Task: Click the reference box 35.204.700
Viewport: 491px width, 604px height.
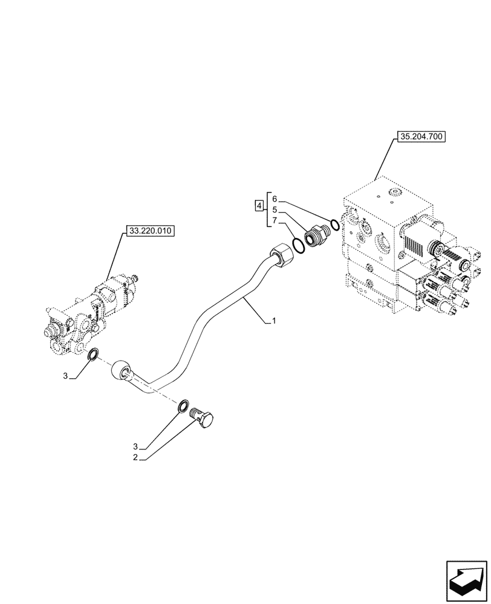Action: (421, 137)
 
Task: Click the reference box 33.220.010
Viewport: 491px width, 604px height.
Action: (149, 230)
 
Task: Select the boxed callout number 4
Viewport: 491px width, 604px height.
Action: (259, 207)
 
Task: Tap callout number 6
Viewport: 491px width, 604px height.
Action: (274, 199)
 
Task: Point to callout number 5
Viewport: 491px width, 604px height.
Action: (274, 209)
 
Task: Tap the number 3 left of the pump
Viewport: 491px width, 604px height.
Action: (65, 376)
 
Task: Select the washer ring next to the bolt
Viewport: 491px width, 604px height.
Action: (183, 408)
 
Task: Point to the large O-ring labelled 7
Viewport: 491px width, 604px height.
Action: (298, 245)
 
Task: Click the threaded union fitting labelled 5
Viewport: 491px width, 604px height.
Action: (316, 236)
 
